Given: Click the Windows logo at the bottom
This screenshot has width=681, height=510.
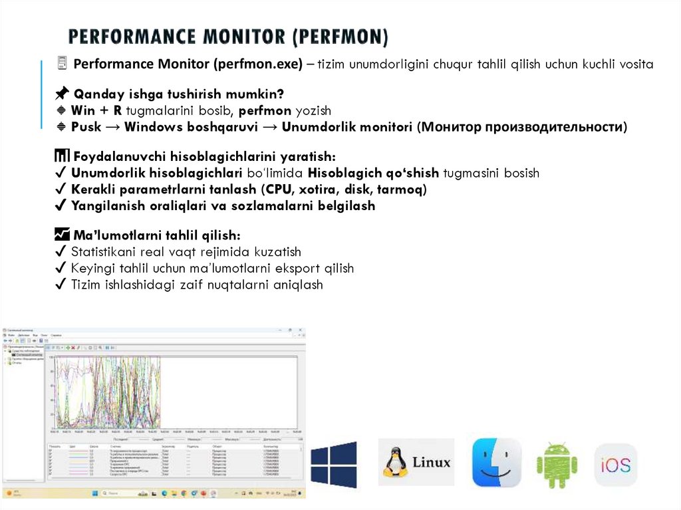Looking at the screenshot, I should click(x=334, y=464).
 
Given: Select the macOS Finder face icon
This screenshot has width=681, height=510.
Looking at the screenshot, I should click(x=496, y=463).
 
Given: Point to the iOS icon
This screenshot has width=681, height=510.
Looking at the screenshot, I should click(x=615, y=465).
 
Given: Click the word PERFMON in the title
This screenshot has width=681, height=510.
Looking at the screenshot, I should click(x=339, y=36).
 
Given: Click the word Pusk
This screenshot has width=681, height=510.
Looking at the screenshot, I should click(x=86, y=127).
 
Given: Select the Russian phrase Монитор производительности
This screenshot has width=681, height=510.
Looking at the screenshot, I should click(x=522, y=127).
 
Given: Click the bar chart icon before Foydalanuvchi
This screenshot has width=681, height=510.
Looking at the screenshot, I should click(x=61, y=157).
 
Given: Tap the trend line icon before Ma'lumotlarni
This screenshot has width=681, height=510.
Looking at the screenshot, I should click(x=62, y=235).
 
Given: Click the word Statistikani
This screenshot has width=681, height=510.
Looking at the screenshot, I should click(x=105, y=252).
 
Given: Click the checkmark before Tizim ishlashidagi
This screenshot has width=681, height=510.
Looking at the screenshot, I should click(x=60, y=285).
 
